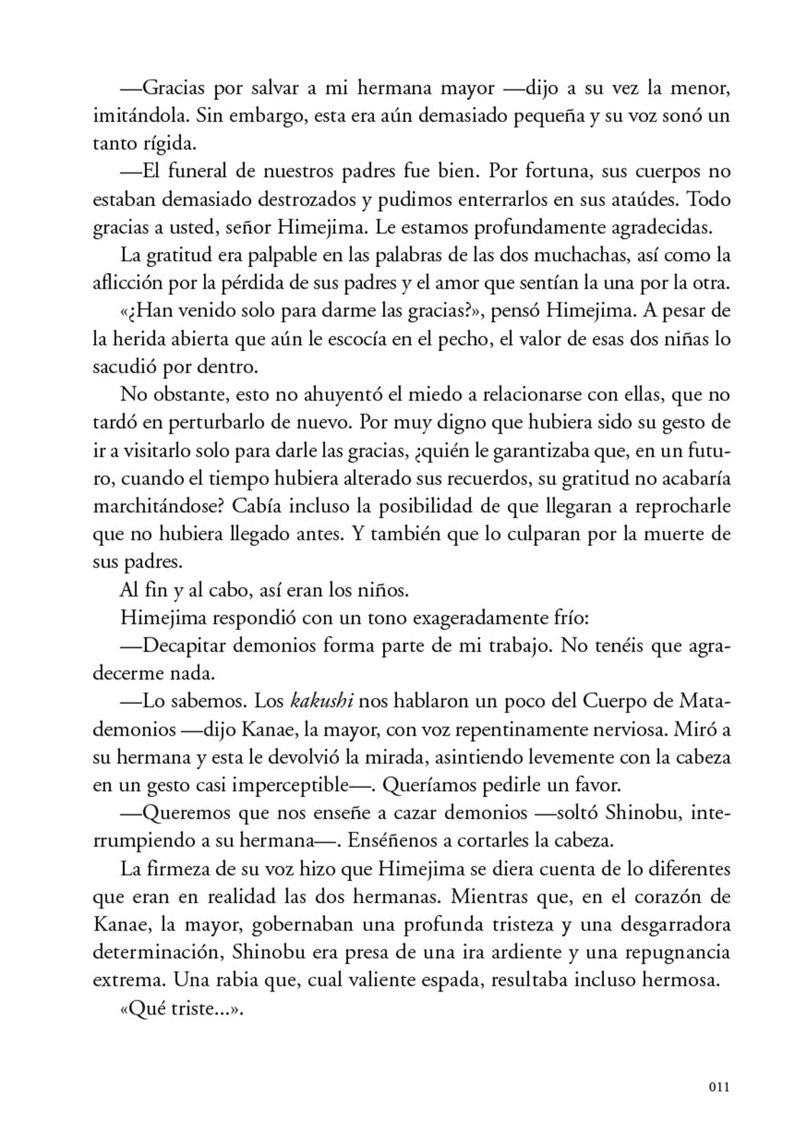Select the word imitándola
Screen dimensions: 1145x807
(137, 116)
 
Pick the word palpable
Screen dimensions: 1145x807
(284, 255)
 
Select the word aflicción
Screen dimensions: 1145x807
(122, 283)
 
